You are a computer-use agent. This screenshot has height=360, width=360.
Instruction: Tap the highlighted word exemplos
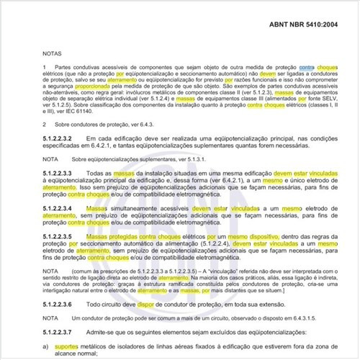point(229,93)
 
